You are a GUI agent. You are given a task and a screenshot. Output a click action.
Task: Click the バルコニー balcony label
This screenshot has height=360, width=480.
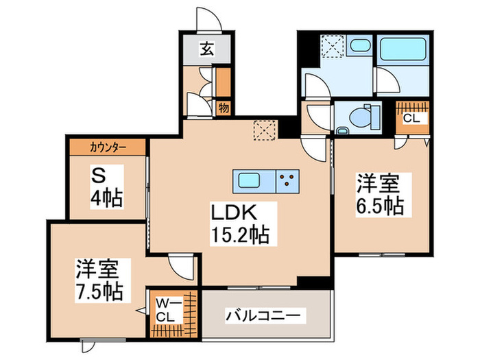[x=263, y=316]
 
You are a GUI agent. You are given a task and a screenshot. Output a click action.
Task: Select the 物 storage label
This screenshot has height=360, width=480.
[x=224, y=107]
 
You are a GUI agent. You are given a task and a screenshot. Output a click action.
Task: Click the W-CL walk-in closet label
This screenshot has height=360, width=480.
[x=166, y=311]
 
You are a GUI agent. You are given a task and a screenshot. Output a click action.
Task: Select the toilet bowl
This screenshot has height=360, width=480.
[x=359, y=117]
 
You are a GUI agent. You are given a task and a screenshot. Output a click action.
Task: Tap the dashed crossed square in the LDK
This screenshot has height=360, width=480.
[x=264, y=129]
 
